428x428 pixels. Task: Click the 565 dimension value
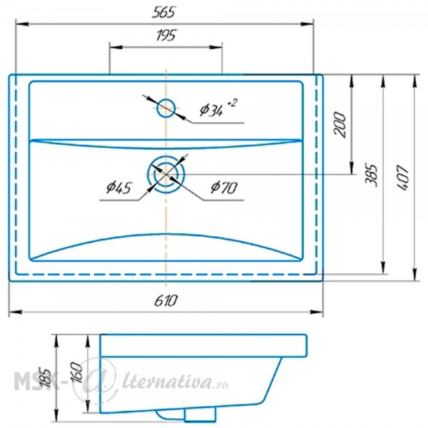[x=164, y=13]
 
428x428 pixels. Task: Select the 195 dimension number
[x=166, y=35]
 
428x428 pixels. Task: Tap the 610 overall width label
[x=165, y=300]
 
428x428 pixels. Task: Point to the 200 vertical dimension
[x=340, y=124]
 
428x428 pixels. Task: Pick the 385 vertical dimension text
[x=372, y=175]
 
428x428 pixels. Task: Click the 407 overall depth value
[x=403, y=178]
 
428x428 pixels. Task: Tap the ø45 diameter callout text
[x=119, y=188]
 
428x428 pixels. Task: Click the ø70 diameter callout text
[x=224, y=188]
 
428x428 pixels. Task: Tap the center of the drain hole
[x=166, y=174]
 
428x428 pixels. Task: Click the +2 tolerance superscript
[x=232, y=103]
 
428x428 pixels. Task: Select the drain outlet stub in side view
[x=200, y=414]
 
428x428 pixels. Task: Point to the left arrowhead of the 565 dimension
[x=22, y=24]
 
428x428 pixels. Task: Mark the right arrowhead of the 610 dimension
[x=317, y=312]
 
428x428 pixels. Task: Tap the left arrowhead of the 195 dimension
[x=116, y=47]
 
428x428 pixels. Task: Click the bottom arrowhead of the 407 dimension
[x=414, y=275]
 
